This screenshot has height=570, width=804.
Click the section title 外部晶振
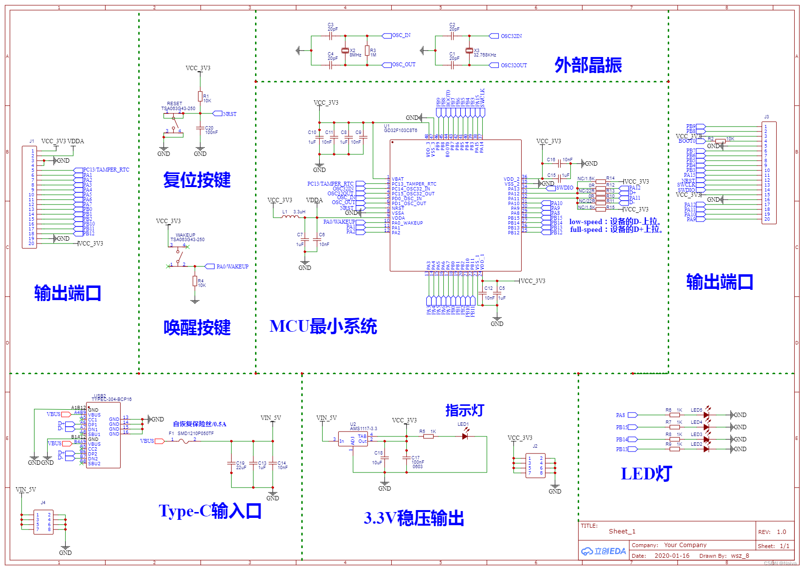click(x=588, y=65)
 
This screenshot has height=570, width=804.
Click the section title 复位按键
click(x=197, y=180)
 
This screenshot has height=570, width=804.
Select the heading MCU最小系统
click(x=323, y=326)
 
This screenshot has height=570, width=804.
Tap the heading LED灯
click(x=646, y=474)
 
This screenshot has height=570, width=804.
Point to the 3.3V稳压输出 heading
click(x=414, y=518)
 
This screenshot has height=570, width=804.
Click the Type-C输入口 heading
click(x=210, y=511)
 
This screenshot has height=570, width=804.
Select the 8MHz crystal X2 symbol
click(x=345, y=51)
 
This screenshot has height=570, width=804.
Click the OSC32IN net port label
click(x=494, y=36)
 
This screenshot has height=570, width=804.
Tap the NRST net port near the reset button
click(x=218, y=114)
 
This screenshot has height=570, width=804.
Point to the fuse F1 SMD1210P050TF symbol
click(x=183, y=441)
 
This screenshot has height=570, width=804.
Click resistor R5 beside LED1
click(x=428, y=437)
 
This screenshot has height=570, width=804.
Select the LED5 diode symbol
click(x=706, y=415)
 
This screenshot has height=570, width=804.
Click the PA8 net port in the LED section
click(x=632, y=415)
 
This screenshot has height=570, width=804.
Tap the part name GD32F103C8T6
click(x=400, y=131)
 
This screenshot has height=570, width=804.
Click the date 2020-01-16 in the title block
click(x=672, y=555)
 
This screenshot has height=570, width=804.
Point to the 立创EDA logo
click(x=603, y=551)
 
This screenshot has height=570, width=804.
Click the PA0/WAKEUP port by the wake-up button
click(x=210, y=266)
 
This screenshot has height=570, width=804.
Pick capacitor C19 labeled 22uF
click(x=232, y=463)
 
